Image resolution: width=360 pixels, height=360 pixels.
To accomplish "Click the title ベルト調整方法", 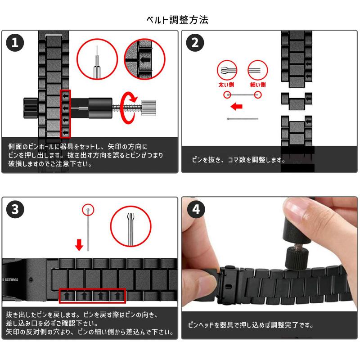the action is pos(177,20).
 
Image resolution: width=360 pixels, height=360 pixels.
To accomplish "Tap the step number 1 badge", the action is pos(15,43).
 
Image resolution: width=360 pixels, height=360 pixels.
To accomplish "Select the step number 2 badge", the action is pos(195,43).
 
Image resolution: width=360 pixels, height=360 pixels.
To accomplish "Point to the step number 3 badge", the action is pos(15,209).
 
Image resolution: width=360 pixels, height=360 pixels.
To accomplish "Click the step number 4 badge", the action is pos(196,209).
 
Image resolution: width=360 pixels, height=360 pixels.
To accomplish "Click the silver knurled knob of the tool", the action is pos(148,108).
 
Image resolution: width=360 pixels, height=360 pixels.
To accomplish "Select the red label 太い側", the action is pos(226,85).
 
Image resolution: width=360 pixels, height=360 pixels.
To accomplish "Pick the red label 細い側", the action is pos(258,85).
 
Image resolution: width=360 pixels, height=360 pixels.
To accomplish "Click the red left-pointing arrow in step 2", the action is pos(237,106).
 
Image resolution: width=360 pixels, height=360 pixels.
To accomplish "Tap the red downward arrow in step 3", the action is pos(79,245).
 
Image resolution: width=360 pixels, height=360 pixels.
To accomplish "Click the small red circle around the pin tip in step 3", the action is pos(88,210).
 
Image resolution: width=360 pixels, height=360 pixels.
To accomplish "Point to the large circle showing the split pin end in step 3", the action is pos(131,226).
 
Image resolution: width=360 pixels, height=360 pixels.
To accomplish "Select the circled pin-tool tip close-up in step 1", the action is pos(97,59).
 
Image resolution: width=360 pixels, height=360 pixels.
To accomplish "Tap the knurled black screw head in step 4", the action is pos(297,258).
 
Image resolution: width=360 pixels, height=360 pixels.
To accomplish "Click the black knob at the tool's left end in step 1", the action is pos(31,108).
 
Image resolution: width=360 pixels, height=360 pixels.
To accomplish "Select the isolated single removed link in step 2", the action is pos(297,101).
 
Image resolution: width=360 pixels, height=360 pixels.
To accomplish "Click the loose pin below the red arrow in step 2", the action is pos(243,119).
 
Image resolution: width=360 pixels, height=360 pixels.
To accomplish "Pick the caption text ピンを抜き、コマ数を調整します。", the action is pos(238,160).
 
